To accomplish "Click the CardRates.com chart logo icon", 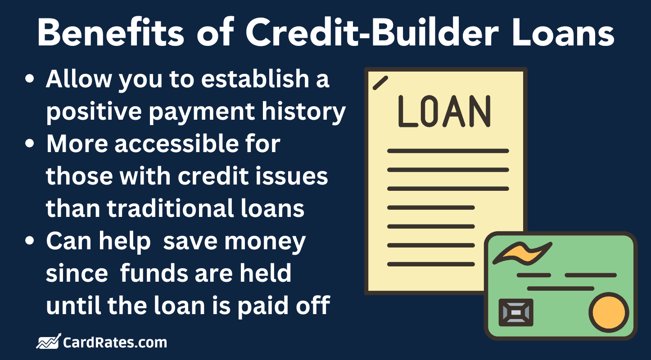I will click(48, 342).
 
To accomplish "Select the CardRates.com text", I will click(114, 342).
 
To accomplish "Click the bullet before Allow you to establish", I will click(30, 79).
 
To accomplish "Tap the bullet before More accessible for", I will click(30, 144).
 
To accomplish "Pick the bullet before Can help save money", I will click(30, 241).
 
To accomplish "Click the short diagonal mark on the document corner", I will click(380, 83).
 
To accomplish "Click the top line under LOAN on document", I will click(448, 151).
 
